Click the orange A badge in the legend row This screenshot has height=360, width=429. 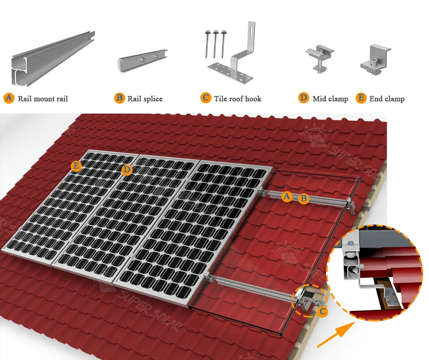click(9, 98)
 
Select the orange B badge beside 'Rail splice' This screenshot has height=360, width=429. click(119, 98)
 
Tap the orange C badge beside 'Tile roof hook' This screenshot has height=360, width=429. click(206, 98)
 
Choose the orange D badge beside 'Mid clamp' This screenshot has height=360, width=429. click(304, 98)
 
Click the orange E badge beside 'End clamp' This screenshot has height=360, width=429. click(361, 98)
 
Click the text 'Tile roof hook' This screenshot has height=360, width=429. click(238, 99)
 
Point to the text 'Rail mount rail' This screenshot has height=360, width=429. click(43, 99)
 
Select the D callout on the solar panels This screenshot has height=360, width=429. click(126, 170)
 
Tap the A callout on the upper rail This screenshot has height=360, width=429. click(287, 196)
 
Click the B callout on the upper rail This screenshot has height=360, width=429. click(303, 198)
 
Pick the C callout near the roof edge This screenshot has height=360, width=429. click(323, 312)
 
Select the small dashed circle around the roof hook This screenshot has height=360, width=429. click(308, 300)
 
